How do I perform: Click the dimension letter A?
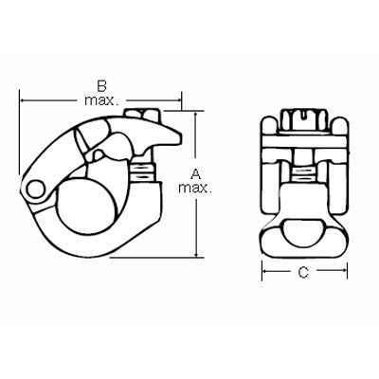point(195,173)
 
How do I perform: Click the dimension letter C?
point(301,274)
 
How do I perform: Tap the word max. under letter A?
point(197,189)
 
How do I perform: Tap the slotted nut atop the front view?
point(301,121)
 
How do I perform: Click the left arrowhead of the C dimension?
point(265,274)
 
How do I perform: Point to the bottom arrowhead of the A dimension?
point(195,253)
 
